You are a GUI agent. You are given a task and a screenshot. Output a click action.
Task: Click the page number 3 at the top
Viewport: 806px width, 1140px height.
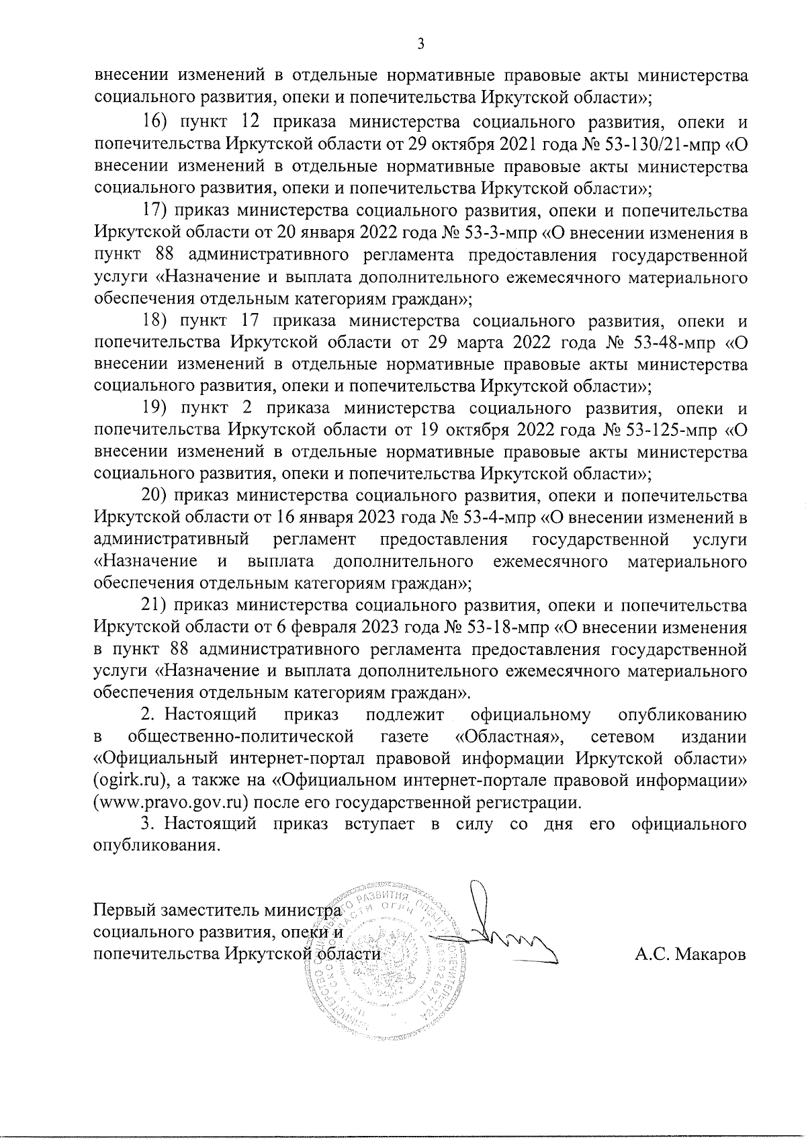pos(420,44)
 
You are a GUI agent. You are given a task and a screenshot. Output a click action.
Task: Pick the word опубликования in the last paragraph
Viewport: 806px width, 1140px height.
pos(155,846)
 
